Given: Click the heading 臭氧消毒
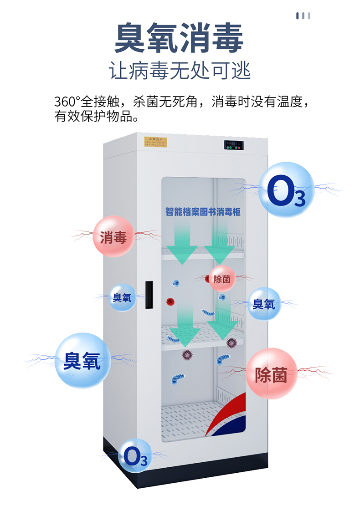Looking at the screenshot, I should point(179,38).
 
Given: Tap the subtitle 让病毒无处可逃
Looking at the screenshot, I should point(180,71).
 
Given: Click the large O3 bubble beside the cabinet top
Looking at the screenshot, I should point(286,191).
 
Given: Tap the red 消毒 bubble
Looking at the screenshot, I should point(113,236).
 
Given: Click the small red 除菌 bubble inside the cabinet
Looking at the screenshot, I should point(222,279).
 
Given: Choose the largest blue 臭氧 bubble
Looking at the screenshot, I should point(82,361).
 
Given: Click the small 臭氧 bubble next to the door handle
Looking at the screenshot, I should point(122,298).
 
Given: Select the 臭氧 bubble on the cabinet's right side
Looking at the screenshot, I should point(264,304).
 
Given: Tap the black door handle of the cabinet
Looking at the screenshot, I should point(149,295).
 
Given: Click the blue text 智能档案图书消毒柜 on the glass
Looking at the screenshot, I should point(203,212).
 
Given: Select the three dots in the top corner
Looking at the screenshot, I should point(303,16).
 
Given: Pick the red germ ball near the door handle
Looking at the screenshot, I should point(170,301).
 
